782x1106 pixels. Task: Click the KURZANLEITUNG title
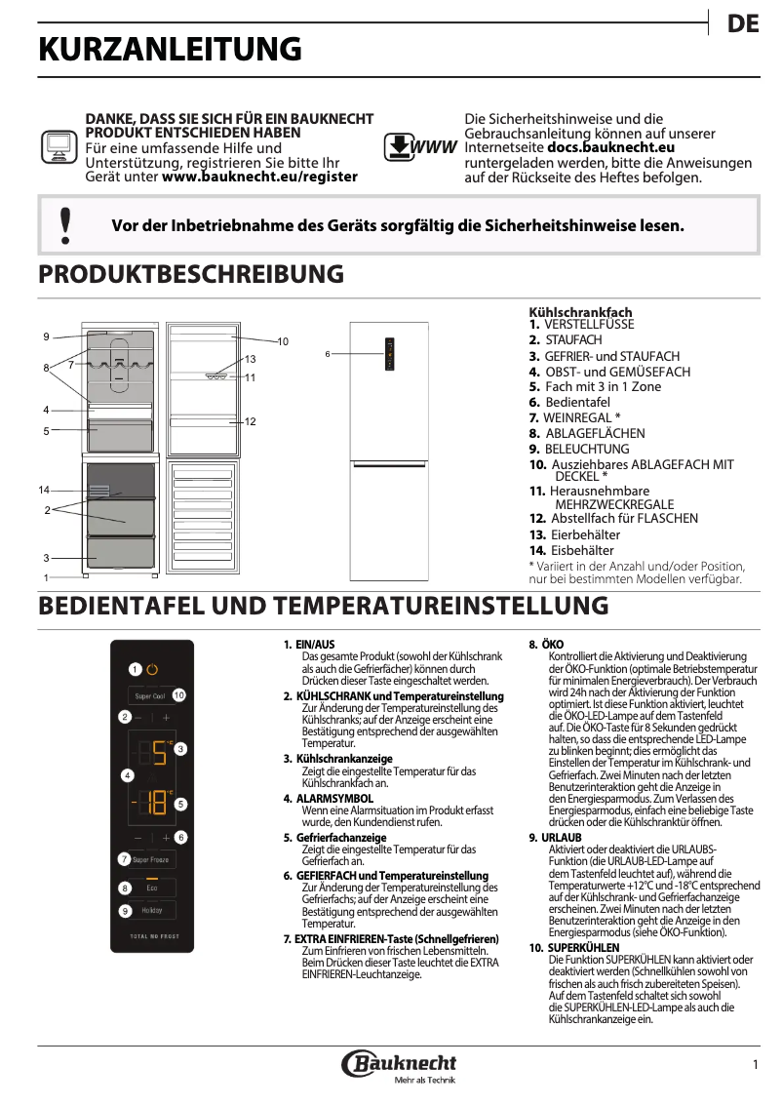(x=170, y=50)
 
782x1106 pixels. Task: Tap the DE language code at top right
(x=743, y=25)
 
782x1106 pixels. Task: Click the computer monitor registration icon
(x=58, y=147)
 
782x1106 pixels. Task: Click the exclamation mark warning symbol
(x=65, y=224)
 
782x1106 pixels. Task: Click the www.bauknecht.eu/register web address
(x=259, y=177)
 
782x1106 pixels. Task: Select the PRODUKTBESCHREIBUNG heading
(x=190, y=274)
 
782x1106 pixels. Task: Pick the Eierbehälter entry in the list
(x=585, y=534)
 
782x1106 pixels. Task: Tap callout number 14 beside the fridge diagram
(x=44, y=489)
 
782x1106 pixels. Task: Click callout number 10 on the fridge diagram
(x=283, y=341)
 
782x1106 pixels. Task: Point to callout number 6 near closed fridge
(x=328, y=353)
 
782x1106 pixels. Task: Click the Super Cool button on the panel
(x=150, y=695)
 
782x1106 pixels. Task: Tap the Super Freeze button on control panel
(x=151, y=859)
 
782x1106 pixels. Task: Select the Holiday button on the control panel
(x=151, y=910)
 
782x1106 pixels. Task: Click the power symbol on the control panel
(x=152, y=669)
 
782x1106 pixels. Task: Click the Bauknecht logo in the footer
(x=400, y=1064)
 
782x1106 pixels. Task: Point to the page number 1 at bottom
(x=755, y=1063)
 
